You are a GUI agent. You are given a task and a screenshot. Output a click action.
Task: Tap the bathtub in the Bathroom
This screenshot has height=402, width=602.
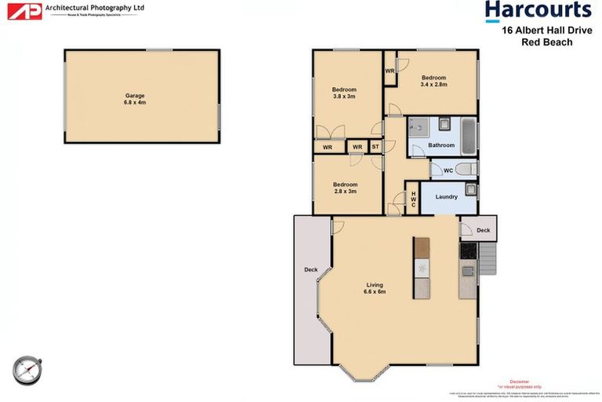(468, 135)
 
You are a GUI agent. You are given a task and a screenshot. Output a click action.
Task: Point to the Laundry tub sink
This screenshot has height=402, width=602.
(470, 188)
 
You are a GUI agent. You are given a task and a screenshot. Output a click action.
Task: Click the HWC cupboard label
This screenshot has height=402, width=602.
(413, 199)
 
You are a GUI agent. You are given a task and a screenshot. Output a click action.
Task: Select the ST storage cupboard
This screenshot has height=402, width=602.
(375, 147)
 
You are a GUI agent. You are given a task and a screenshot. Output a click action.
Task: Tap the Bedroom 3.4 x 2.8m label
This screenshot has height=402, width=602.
(433, 81)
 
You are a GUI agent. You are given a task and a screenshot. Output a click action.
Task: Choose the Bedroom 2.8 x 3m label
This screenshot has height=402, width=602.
(343, 188)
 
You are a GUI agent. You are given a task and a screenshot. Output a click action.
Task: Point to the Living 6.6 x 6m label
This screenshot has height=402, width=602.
(375, 288)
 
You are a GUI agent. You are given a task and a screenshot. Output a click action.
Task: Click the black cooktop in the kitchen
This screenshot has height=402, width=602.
(468, 251)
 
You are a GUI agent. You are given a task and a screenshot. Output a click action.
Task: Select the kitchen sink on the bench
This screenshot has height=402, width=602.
(468, 272)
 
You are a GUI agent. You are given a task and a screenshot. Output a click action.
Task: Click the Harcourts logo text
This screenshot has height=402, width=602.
(538, 11)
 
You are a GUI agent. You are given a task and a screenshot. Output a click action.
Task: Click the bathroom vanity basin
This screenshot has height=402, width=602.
(444, 124)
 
